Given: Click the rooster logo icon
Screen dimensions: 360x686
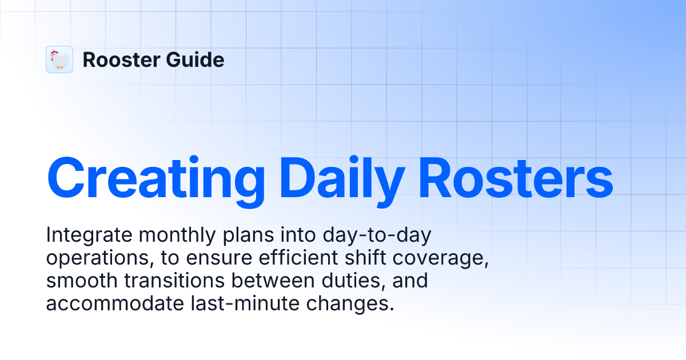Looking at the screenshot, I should point(59,59).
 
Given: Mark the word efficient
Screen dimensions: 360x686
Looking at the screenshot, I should point(295,258).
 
